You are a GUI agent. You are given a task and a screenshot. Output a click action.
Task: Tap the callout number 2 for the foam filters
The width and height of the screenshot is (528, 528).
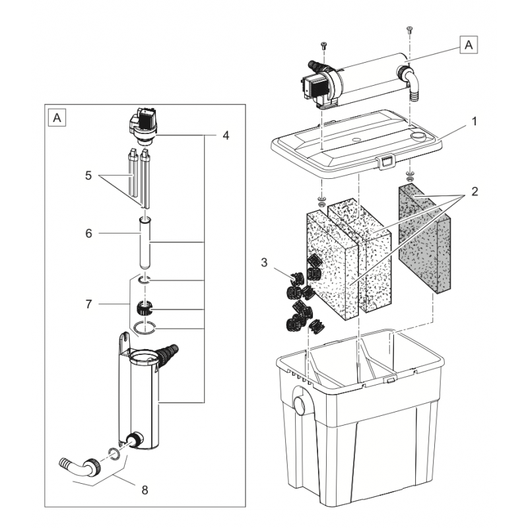click(x=474, y=193)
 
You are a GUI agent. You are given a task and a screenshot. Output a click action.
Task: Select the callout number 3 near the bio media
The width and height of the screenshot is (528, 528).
click(x=264, y=263)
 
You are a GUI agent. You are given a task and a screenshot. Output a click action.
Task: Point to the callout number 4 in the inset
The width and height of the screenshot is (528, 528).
click(x=226, y=135)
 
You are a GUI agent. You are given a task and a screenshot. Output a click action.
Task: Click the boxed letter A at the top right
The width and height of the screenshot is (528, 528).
click(x=469, y=44)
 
